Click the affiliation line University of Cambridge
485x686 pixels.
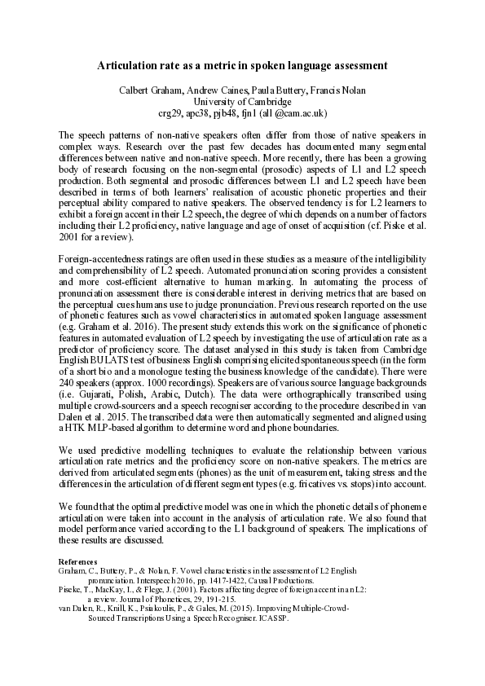(243, 101)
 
